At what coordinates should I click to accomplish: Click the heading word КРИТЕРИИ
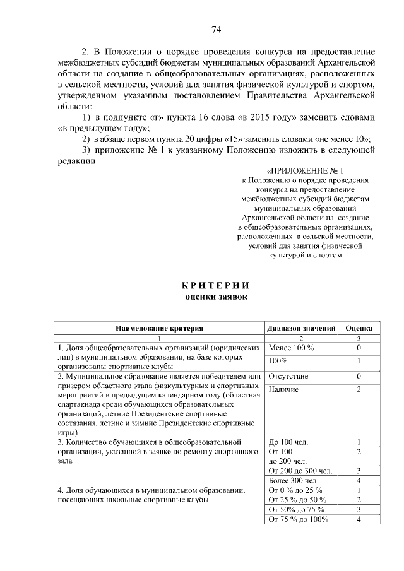[x=216, y=285]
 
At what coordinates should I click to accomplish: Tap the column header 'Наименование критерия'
[x=158, y=328]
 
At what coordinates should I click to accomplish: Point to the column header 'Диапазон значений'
[x=300, y=328]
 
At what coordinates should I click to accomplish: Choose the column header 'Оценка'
[x=358, y=328]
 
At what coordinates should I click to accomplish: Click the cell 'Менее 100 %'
[x=291, y=348]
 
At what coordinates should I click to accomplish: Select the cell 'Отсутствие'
[x=288, y=376]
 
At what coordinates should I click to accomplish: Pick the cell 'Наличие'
[x=283, y=389]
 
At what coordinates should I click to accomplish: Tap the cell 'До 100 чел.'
[x=288, y=442]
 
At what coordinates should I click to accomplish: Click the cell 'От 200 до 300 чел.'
[x=300, y=471]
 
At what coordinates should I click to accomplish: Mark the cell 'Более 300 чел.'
[x=294, y=481]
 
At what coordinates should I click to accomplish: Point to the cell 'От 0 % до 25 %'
[x=295, y=490]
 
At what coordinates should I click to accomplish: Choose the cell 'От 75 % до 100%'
[x=299, y=519]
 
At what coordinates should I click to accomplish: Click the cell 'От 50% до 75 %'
[x=296, y=510]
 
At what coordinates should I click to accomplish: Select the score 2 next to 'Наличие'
[x=358, y=389]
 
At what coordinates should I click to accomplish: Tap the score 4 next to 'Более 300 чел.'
[x=358, y=481]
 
